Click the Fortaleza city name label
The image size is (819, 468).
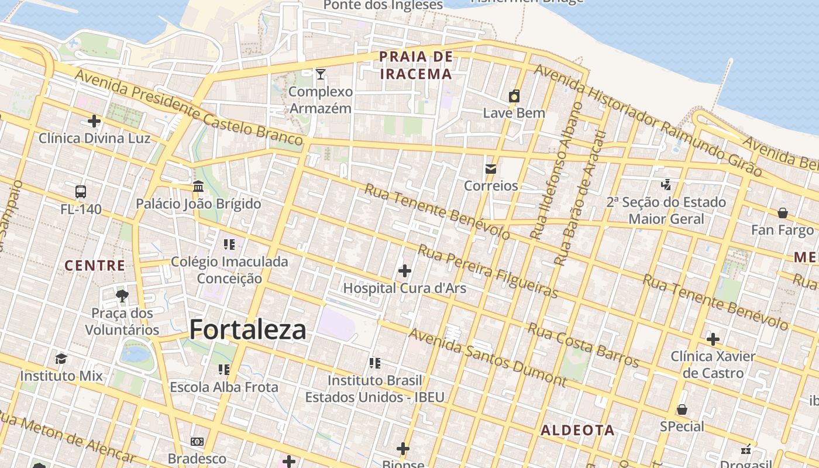pyautogui.click(x=247, y=330)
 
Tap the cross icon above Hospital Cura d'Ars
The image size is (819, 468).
pyautogui.click(x=404, y=271)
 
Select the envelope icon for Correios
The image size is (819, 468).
pyautogui.click(x=491, y=169)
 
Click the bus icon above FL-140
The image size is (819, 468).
pyautogui.click(x=81, y=192)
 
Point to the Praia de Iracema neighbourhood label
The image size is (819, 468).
pyautogui.click(x=416, y=66)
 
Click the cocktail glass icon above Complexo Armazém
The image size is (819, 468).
pyautogui.click(x=321, y=74)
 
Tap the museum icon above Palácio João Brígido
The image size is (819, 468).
pyautogui.click(x=198, y=187)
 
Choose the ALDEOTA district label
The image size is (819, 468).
pyautogui.click(x=577, y=431)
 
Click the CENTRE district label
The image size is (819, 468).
pyautogui.click(x=95, y=266)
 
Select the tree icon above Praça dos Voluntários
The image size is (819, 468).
pyautogui.click(x=122, y=296)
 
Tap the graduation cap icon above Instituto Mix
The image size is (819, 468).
pyautogui.click(x=61, y=359)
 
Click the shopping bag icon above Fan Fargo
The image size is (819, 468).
pyautogui.click(x=782, y=213)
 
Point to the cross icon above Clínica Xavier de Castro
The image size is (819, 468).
pyautogui.click(x=713, y=339)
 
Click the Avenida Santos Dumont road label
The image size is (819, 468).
pyautogui.click(x=487, y=357)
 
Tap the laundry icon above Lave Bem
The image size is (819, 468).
pyautogui.click(x=514, y=97)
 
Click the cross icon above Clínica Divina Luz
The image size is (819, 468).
pyautogui.click(x=94, y=121)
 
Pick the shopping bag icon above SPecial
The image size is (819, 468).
pyautogui.click(x=682, y=409)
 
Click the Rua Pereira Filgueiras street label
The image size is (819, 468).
pyautogui.click(x=487, y=271)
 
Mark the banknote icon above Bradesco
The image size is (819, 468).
pyautogui.click(x=197, y=442)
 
